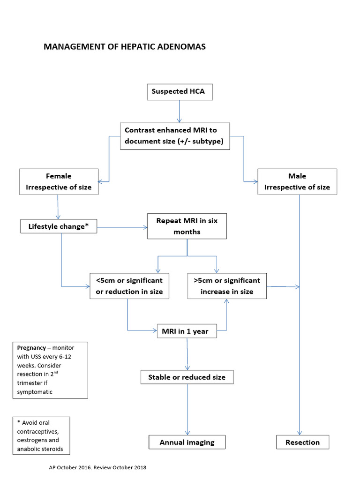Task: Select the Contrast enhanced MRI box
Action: click(175, 136)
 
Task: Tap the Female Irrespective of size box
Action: click(59, 182)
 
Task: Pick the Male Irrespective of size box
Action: click(297, 182)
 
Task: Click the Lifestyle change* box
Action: click(59, 226)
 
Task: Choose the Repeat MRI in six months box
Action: click(187, 226)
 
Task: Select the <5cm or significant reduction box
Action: click(129, 286)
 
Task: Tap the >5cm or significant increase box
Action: click(227, 286)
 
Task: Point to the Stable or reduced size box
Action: click(187, 377)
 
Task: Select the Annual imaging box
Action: click(187, 442)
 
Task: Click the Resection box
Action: click(302, 442)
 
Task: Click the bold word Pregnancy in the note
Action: click(31, 348)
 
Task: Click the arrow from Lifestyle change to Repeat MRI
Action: click(122, 228)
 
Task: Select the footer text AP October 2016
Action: click(70, 467)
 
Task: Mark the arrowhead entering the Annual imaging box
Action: click(188, 433)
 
